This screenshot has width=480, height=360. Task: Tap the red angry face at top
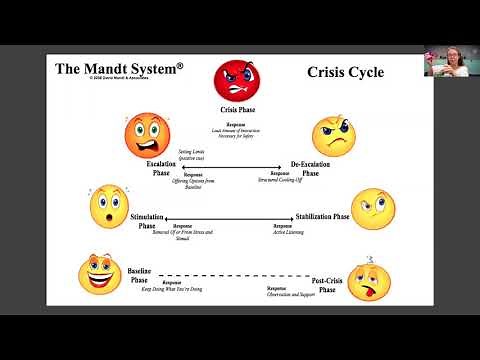[x=233, y=81]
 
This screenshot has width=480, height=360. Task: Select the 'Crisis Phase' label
[x=235, y=110]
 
